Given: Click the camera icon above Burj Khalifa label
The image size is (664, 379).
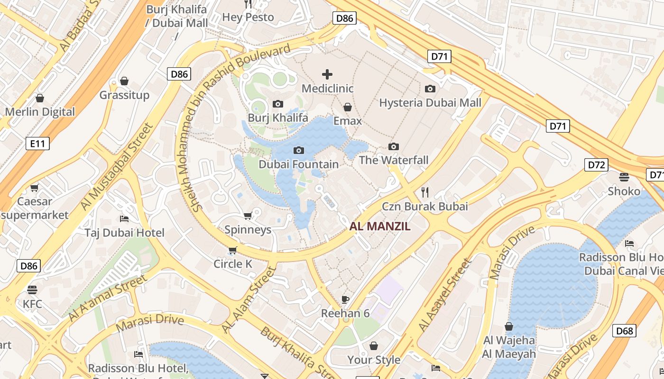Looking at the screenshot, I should [278, 104].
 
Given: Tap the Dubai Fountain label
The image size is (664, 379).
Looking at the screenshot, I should [298, 164].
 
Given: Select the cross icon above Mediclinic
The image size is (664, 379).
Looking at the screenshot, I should [327, 74].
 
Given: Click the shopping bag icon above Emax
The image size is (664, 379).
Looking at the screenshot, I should [348, 108].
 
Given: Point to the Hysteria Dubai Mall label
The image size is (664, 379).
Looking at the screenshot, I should [430, 103].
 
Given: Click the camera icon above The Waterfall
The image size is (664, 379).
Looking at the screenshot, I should [393, 147].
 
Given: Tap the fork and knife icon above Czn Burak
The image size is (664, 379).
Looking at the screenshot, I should [425, 192].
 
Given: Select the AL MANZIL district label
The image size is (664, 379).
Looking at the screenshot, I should [380, 226].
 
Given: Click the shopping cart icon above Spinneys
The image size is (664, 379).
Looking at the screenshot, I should [248, 216].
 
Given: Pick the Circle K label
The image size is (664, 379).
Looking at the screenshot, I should [233, 264].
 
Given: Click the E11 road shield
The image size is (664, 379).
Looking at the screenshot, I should [37, 143].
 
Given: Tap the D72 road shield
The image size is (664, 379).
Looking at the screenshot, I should [596, 165].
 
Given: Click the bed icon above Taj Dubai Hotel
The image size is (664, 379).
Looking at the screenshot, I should [124, 219].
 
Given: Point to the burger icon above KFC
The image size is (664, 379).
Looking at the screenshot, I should [32, 289].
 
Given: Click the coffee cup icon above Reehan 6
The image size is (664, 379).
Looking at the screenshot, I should [345, 299].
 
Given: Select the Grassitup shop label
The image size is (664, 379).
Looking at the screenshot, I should [124, 95].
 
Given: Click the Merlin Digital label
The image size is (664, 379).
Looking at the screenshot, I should [40, 112].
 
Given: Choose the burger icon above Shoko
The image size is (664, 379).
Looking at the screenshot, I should [624, 177].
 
